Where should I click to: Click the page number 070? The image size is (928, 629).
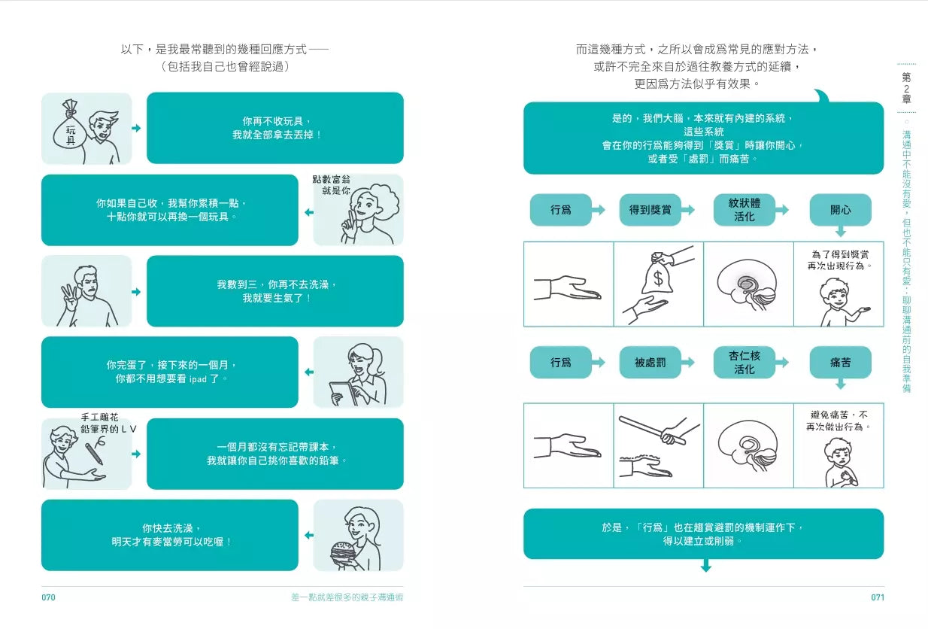point(48,597)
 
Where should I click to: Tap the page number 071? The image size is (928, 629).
point(877,597)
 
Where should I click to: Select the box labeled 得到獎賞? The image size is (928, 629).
point(650,210)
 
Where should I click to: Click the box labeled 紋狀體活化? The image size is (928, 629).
point(744,210)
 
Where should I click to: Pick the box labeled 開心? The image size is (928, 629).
point(840,210)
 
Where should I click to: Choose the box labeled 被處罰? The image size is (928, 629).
point(650,363)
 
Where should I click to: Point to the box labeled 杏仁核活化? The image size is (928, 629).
point(744,363)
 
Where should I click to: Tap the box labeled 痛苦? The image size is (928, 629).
point(840,363)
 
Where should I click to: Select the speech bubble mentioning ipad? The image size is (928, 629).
point(169,372)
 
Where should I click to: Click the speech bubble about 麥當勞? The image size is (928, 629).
point(169,535)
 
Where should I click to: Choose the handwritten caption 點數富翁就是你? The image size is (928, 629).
point(331,185)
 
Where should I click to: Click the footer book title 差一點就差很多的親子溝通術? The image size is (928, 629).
point(352,597)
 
